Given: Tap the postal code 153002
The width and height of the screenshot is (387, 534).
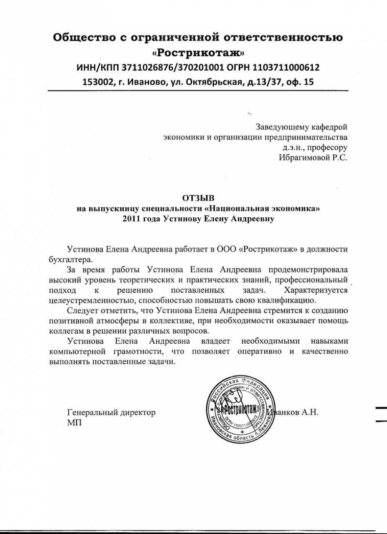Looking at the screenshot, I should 99,82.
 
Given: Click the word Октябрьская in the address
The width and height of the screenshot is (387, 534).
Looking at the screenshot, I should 211,82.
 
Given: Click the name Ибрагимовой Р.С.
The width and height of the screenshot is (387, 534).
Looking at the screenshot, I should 312,157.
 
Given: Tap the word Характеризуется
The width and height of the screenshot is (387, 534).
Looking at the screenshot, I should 315,290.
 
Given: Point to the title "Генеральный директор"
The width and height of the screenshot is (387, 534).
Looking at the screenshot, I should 111,413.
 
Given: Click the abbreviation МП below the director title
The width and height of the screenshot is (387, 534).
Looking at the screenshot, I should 75,423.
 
